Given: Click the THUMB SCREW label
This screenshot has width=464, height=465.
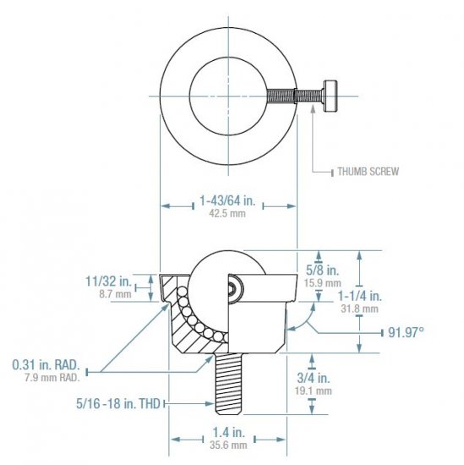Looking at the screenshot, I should click(368, 171).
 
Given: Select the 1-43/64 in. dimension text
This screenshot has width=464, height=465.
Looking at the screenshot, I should click(228, 201).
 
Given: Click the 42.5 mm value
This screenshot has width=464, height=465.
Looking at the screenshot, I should click(228, 214).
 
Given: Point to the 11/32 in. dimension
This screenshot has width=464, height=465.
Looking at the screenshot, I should click(108, 281).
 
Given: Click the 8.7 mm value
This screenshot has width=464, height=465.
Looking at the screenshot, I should click(114, 293).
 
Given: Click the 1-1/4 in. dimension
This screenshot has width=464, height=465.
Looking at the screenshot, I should click(360, 296).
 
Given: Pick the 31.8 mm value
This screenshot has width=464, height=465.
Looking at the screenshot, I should click(360, 309).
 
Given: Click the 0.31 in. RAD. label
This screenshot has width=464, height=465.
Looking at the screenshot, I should click(46, 364).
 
